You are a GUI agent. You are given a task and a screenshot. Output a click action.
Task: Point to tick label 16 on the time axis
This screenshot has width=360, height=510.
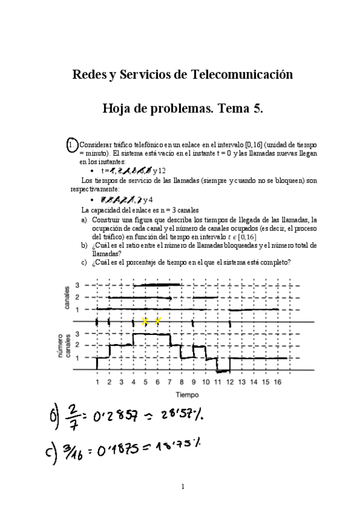(x=277, y=382)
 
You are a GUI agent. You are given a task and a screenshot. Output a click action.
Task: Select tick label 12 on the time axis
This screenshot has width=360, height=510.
(x=230, y=382)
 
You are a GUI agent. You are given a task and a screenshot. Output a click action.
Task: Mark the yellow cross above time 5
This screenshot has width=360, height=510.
(x=145, y=321)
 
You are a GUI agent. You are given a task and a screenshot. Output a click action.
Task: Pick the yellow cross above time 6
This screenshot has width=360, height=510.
(x=157, y=321)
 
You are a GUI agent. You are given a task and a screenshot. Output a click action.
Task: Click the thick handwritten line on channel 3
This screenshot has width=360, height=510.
(x=157, y=284)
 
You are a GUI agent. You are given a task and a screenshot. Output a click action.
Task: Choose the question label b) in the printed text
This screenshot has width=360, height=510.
(x=85, y=245)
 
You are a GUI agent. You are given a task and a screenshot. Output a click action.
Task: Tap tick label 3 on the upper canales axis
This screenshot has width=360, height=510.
(x=78, y=285)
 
